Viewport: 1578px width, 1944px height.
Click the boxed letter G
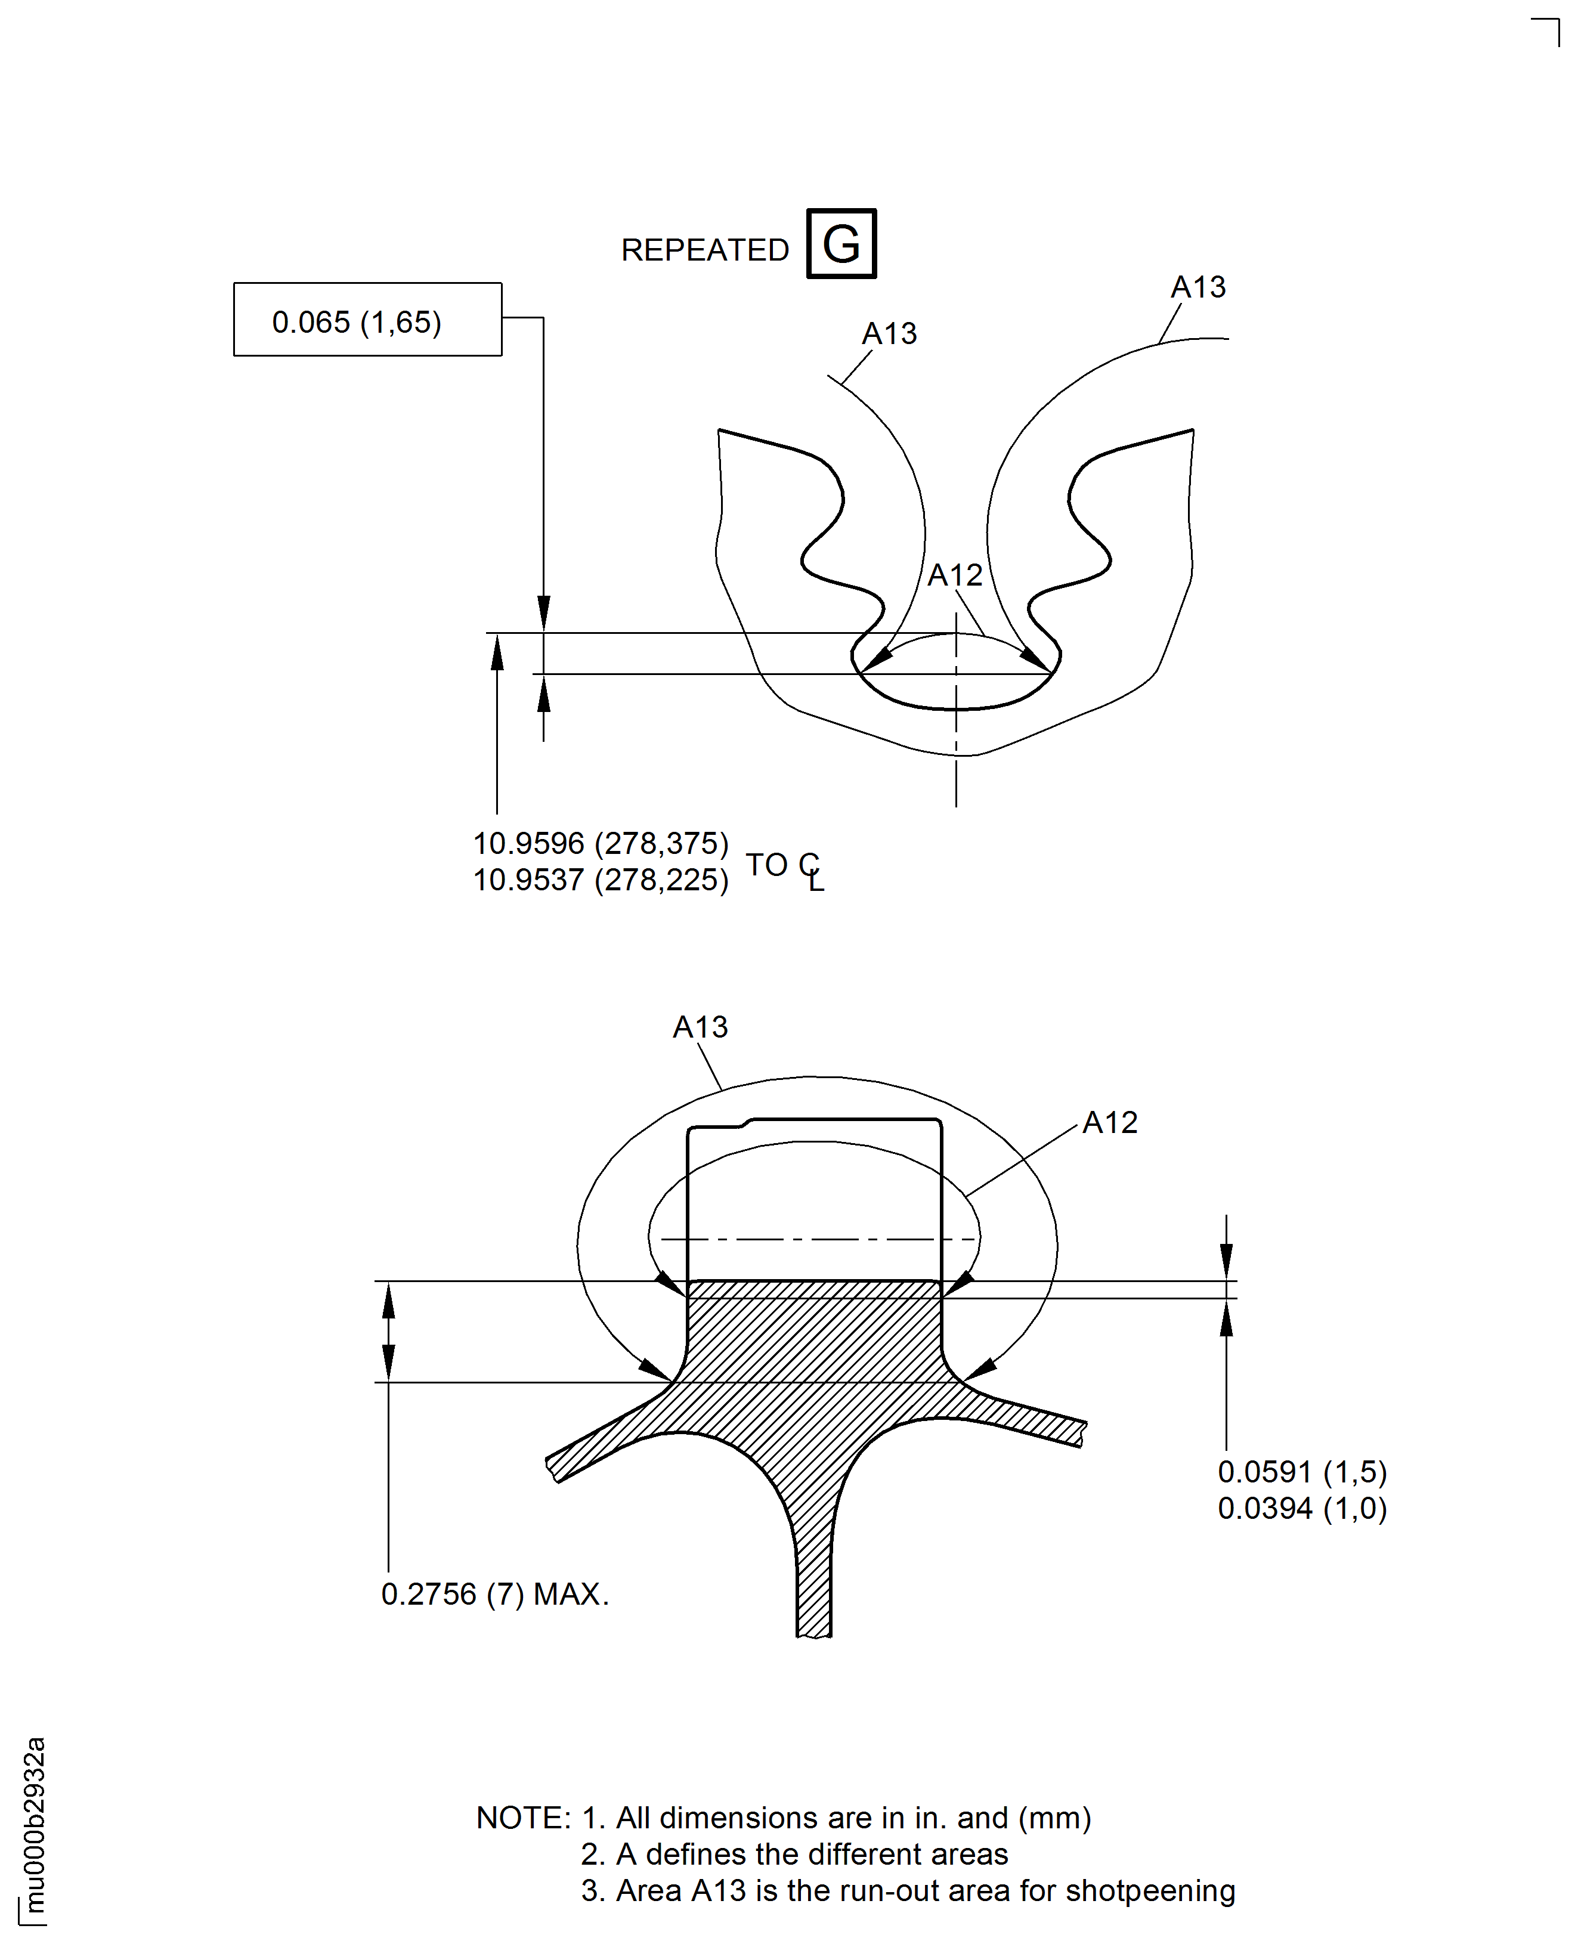(841, 243)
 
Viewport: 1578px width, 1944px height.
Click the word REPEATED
(704, 250)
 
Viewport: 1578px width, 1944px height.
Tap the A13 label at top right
(1198, 287)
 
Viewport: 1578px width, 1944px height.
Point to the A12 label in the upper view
(954, 575)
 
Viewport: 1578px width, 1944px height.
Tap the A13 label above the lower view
(700, 1027)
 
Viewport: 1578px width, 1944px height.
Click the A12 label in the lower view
(1110, 1122)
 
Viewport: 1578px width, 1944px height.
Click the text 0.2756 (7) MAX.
(494, 1594)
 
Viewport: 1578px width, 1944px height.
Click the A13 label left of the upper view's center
(889, 333)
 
